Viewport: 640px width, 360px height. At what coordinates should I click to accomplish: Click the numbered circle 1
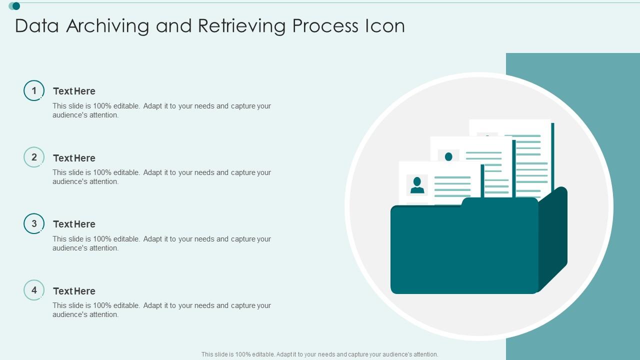(x=34, y=90)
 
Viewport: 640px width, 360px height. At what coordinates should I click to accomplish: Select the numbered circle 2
(x=34, y=157)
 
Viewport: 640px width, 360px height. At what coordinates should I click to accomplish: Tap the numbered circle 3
(x=34, y=223)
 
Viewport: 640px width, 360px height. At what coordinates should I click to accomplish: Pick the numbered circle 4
(x=34, y=290)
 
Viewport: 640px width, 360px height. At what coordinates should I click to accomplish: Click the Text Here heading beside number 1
(x=74, y=91)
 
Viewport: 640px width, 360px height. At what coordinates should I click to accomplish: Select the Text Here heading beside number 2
(x=74, y=158)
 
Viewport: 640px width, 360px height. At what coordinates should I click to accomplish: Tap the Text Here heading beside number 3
(x=74, y=224)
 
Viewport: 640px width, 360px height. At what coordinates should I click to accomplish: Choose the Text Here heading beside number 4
(x=74, y=291)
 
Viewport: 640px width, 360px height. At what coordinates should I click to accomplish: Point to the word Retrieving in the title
(x=242, y=26)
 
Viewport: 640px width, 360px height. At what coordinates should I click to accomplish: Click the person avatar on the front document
(x=417, y=185)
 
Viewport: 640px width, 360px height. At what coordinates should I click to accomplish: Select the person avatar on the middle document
(x=448, y=156)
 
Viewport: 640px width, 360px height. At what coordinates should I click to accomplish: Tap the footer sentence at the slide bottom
(x=320, y=354)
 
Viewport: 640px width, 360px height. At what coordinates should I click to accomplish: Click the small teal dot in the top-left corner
(x=16, y=6)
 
